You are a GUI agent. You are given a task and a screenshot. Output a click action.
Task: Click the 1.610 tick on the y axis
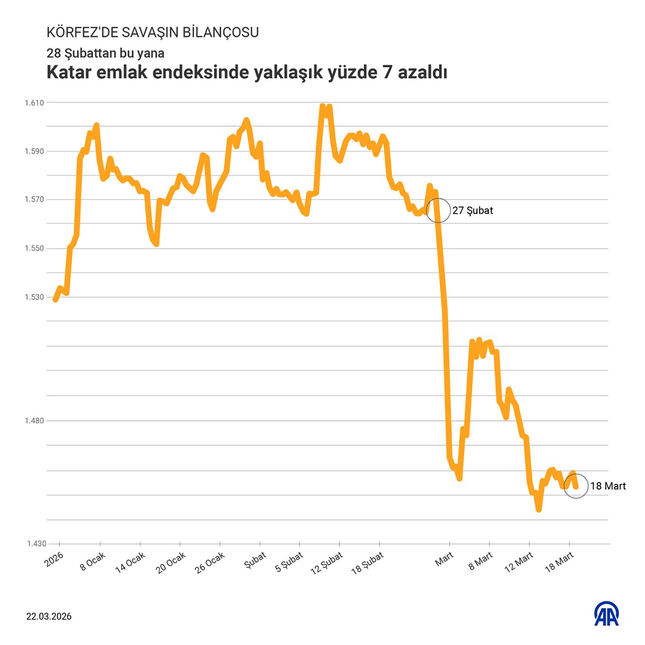coord(34,103)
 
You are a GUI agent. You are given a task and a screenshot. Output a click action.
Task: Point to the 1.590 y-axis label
coord(34,151)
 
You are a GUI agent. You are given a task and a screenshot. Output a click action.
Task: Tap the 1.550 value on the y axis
coord(34,248)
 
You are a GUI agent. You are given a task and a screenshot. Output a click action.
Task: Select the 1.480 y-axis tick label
coord(34,421)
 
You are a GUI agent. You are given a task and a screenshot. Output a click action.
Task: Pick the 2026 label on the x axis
coord(55,559)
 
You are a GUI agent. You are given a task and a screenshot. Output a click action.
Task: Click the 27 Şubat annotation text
coord(473,211)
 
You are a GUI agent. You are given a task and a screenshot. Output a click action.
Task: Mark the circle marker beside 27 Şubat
coord(438,210)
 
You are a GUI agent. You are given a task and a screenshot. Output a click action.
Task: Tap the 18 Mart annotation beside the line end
coord(608,486)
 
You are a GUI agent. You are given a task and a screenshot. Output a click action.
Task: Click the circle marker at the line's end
coord(575,486)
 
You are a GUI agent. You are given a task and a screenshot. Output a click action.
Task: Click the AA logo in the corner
coord(606,614)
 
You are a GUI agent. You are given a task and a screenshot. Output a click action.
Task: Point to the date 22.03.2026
coord(49,616)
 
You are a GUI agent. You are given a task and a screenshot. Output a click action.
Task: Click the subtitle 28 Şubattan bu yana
coord(105,53)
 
